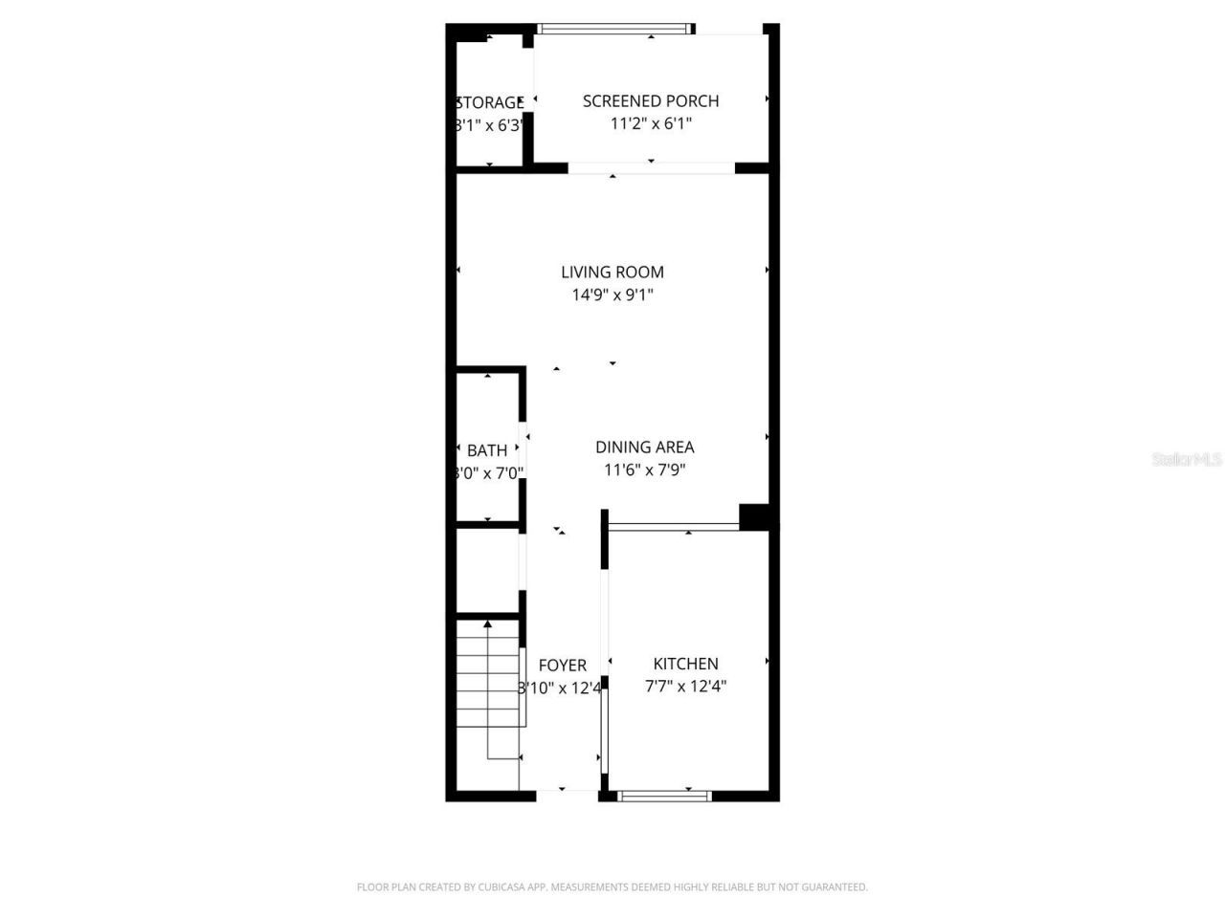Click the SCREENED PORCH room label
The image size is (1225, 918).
click(650, 100)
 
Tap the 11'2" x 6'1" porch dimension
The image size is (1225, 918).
click(650, 123)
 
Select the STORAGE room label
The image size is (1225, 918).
click(489, 102)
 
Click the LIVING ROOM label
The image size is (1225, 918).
click(612, 272)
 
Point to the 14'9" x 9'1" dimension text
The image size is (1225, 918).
click(612, 295)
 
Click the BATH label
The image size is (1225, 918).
click(487, 450)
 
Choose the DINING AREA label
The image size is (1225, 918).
click(644, 447)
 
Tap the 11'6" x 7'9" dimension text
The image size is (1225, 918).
click(644, 470)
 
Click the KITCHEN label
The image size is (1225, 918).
click(685, 664)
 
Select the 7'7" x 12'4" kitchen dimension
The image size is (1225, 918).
click(685, 686)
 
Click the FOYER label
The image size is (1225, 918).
click(562, 666)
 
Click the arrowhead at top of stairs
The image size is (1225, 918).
click(488, 623)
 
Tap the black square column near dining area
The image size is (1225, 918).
click(754, 516)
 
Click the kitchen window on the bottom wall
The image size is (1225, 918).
click(664, 795)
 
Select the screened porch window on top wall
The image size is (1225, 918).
click(614, 29)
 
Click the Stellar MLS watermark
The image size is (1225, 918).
click(1187, 459)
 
